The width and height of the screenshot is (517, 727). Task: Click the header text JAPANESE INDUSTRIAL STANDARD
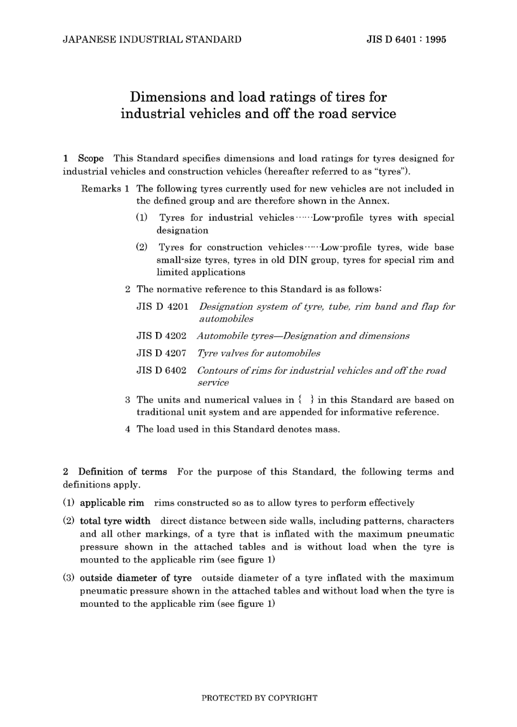point(152,39)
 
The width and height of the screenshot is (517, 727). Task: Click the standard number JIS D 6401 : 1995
point(406,39)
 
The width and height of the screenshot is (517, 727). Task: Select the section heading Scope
point(90,159)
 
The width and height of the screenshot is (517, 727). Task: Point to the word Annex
point(373,201)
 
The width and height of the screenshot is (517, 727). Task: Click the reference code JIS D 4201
point(162,307)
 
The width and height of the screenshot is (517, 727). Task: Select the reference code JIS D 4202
point(161,336)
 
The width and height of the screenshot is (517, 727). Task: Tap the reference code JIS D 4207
point(161,354)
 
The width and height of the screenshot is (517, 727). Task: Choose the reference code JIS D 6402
point(161,371)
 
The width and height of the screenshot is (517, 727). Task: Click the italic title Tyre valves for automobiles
point(258,354)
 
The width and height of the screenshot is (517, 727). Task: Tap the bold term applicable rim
point(112,503)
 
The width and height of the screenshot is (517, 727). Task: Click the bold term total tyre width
point(115,521)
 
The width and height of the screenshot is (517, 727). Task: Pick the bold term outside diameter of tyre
point(136,578)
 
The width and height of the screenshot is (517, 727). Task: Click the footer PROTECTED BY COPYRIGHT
point(259,698)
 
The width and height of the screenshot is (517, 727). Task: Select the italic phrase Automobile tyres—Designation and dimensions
point(303,336)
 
